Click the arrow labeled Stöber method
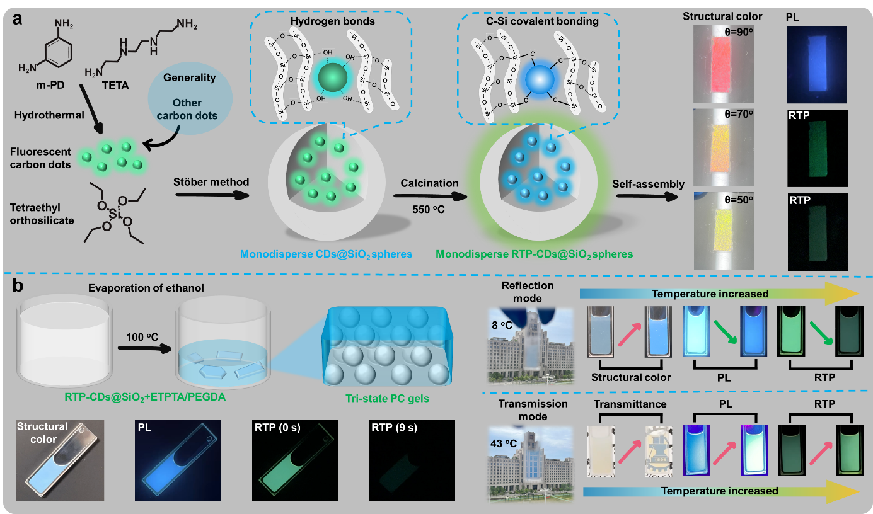coord(211,195)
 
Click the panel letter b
coord(19,287)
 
